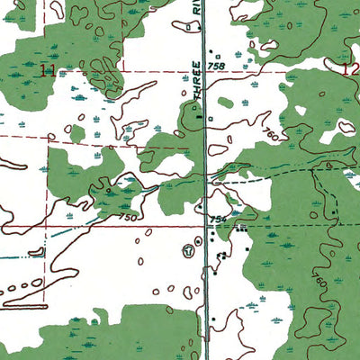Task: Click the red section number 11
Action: pyautogui.click(x=49, y=70)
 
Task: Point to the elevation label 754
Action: pyautogui.click(x=217, y=219)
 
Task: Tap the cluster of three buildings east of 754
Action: pyautogui.click(x=241, y=231)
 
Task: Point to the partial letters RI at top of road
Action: pyautogui.click(x=195, y=13)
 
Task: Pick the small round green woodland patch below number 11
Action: pyautogui.click(x=77, y=133)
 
